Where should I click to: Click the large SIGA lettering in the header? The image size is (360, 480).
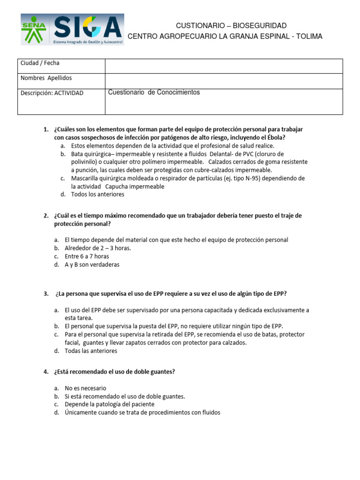[x=87, y=27]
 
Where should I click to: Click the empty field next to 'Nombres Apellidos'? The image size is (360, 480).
[x=224, y=81]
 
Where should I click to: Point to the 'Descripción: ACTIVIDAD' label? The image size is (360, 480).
[x=52, y=93]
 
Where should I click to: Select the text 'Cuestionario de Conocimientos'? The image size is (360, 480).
[x=154, y=92]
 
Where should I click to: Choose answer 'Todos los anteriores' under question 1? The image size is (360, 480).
[x=97, y=194]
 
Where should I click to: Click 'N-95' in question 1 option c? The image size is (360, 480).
[x=274, y=178]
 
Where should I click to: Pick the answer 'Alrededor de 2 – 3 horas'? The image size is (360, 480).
[x=98, y=248]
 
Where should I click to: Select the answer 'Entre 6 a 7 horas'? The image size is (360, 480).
[x=87, y=256]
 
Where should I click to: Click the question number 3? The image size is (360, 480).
[x=46, y=294]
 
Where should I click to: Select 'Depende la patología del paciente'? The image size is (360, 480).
[x=109, y=404]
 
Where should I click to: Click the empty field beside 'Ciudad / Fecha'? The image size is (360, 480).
[x=224, y=66]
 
